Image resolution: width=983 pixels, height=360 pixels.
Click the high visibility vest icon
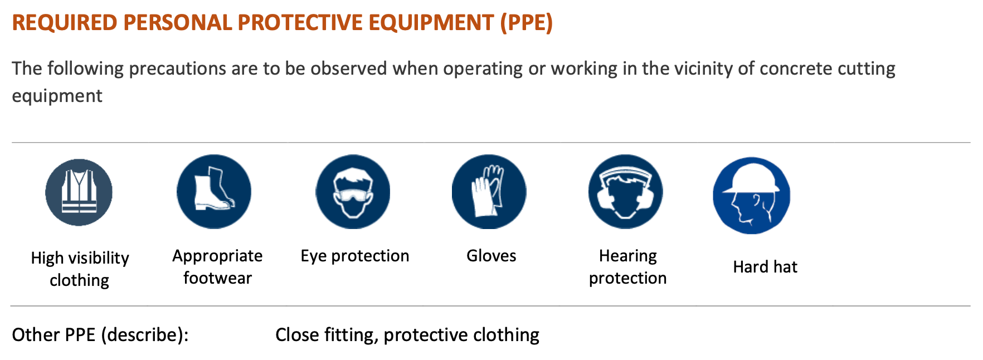coord(79,192)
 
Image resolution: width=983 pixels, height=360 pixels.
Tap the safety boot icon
coord(214,192)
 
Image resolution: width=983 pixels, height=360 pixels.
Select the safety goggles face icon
coord(353,192)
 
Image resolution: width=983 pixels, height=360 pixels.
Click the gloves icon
coord(489,192)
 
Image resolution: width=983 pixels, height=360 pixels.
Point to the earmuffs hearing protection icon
coord(626,192)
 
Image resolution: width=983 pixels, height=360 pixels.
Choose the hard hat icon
coord(752,196)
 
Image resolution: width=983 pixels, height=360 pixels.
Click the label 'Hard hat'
coord(765,267)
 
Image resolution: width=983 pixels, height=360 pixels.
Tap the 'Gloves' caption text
coord(491,256)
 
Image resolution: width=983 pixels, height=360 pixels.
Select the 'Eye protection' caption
coord(355,256)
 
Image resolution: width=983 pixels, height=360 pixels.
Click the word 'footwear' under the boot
coord(217,278)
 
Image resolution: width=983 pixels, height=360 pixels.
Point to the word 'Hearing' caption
coord(628,256)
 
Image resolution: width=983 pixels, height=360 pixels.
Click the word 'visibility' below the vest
coord(99,259)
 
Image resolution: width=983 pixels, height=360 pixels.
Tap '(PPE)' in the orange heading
coord(527,23)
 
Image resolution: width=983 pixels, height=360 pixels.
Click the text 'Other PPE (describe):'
coord(100,335)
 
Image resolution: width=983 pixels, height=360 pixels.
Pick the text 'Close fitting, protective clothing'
coord(407,335)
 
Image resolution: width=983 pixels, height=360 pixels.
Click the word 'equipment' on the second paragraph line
coord(57,96)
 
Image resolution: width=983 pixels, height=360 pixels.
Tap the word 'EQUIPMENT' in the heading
coord(431,23)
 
